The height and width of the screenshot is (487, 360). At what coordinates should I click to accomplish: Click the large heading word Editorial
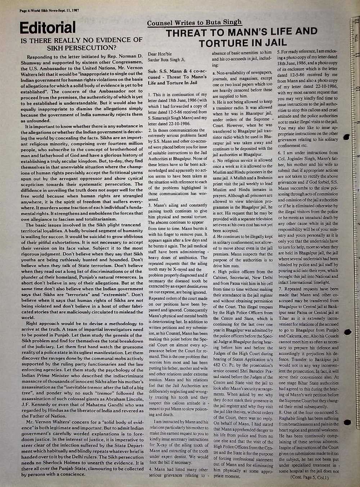(48, 27)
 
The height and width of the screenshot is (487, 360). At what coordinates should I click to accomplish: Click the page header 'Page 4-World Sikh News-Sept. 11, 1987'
(49, 10)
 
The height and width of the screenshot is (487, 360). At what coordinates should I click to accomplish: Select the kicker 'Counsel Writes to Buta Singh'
(194, 23)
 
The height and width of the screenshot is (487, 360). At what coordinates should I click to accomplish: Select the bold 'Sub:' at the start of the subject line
(153, 71)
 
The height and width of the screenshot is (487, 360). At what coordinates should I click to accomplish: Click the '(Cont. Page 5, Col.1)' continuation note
(309, 478)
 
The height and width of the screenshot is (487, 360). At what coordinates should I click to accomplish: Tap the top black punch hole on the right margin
(347, 137)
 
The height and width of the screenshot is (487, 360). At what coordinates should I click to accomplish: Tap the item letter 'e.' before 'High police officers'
(214, 272)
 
